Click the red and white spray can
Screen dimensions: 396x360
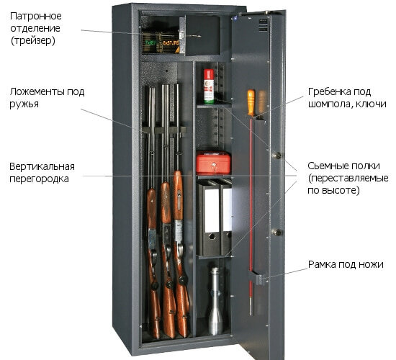(209, 86)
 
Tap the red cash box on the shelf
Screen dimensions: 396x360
(213, 163)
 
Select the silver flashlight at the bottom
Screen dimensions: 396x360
(215, 302)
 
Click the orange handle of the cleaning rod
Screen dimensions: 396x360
(251, 103)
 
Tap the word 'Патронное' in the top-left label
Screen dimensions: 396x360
(36, 16)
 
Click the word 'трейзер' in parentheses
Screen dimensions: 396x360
(33, 40)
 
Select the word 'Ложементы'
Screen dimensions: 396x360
(37, 91)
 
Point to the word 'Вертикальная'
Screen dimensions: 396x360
(42, 167)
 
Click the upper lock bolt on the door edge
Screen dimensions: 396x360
(277, 155)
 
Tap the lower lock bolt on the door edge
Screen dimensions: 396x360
(277, 232)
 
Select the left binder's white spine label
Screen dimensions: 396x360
(212, 210)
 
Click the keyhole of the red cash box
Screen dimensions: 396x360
(214, 165)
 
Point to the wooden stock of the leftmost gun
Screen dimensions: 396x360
(154, 263)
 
